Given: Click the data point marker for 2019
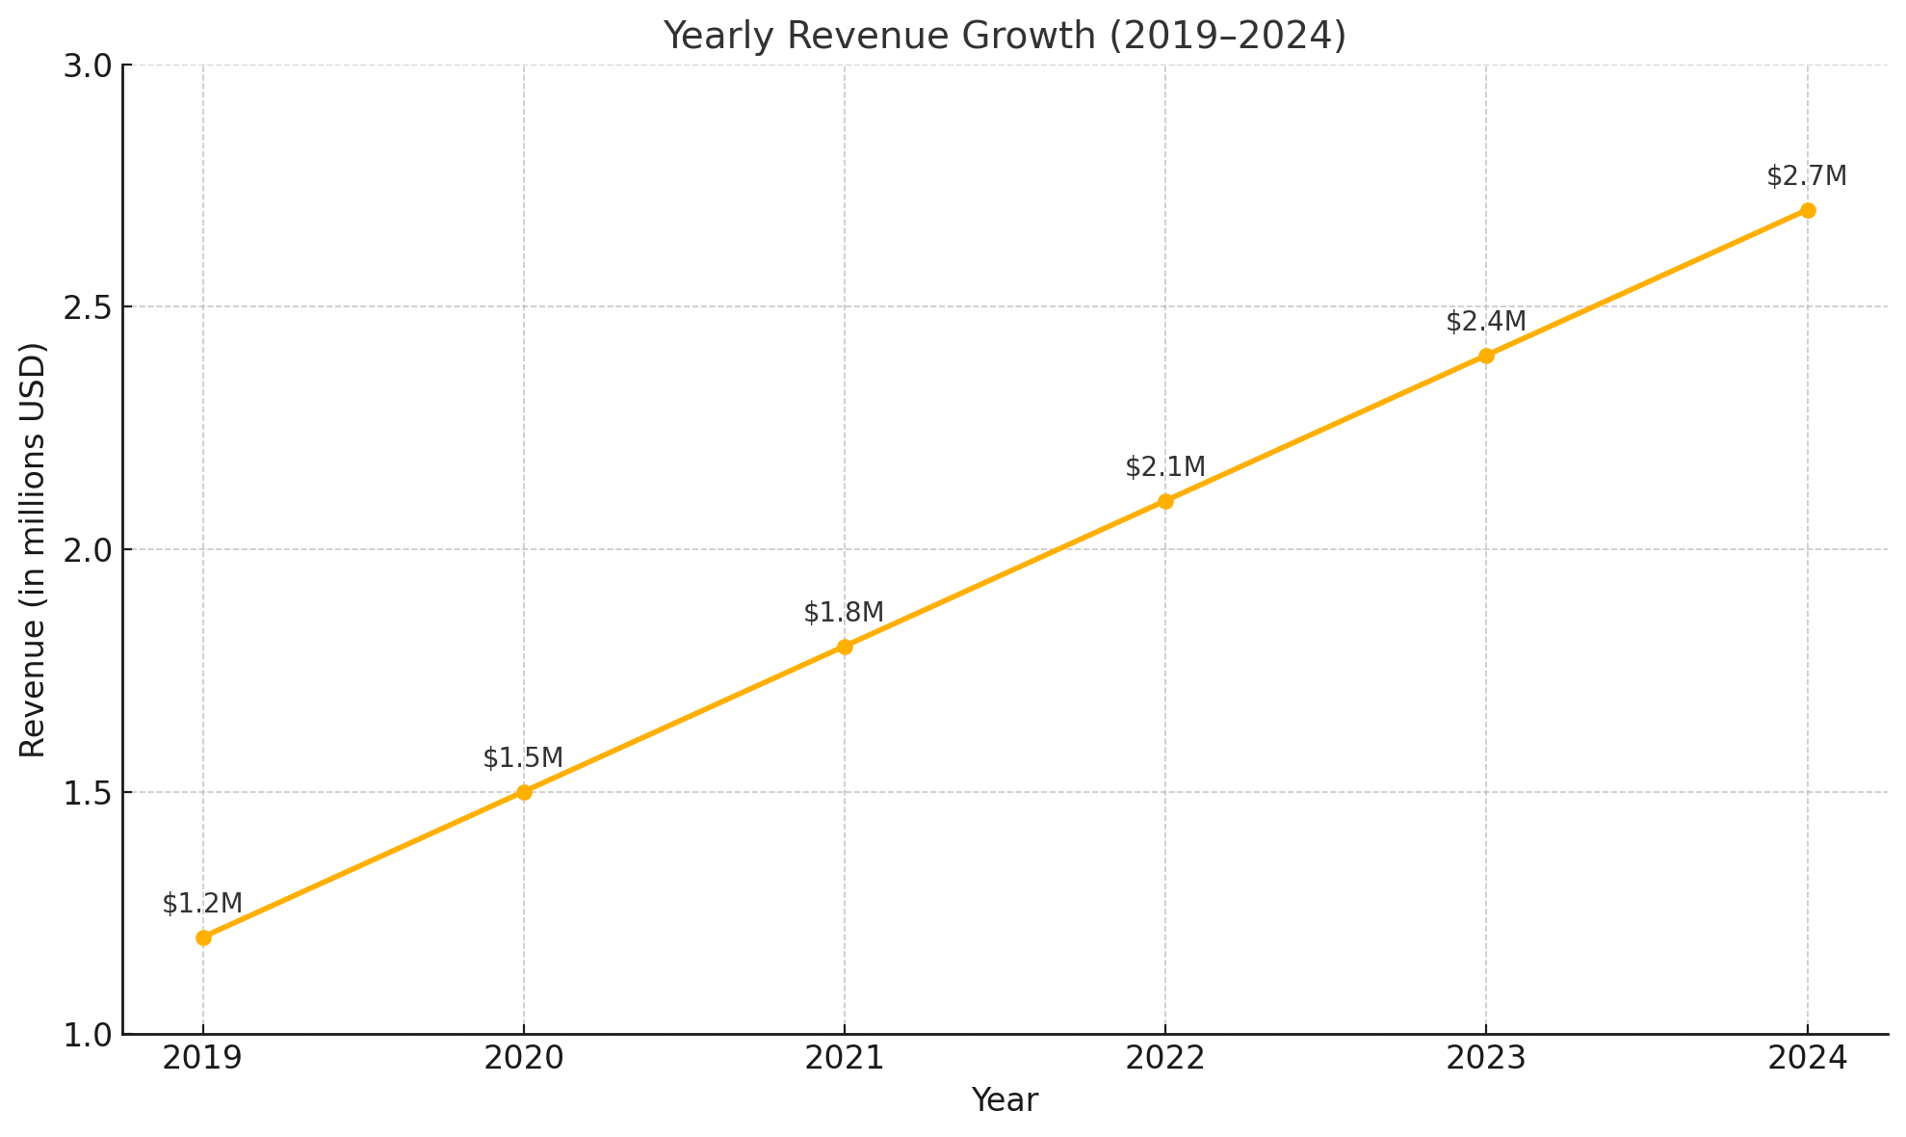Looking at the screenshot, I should tap(203, 938).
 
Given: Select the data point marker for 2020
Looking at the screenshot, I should tap(524, 792).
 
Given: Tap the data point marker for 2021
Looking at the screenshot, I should tap(845, 647).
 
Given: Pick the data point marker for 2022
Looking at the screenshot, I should tap(1165, 501).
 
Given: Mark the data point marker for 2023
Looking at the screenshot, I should tap(1486, 356).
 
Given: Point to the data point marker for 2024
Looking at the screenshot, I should tap(1808, 210).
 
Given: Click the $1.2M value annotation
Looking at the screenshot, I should tap(202, 904).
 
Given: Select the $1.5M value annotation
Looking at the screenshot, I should tap(523, 758).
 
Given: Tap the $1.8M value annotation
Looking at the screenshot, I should tap(844, 613).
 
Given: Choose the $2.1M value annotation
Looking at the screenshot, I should tap(1165, 467).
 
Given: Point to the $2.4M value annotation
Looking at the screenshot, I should tap(1486, 322).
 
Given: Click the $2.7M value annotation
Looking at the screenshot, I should tap(1807, 176).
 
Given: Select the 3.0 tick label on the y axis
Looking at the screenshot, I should tap(87, 66).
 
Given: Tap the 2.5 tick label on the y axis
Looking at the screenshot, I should tap(87, 307).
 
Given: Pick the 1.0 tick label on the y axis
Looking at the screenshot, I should tap(87, 1035).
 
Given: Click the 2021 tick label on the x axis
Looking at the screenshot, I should tap(845, 1059).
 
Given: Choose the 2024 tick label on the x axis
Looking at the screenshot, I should tap(1808, 1059).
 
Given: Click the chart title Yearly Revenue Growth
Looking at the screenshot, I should tap(1005, 36).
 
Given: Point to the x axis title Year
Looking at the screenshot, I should tap(1005, 1100).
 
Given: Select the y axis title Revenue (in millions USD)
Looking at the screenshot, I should tap(33, 550).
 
